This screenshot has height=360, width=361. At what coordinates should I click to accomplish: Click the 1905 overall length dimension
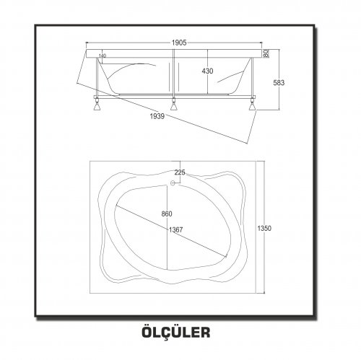point(179,43)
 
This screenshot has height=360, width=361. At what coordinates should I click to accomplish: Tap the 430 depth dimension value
point(207,71)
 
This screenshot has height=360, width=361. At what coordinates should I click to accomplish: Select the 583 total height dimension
point(279,83)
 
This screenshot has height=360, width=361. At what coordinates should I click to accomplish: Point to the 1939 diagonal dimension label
point(157,116)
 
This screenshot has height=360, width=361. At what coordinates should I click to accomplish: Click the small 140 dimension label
point(103,56)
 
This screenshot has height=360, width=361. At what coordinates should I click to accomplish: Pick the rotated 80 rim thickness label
point(266,53)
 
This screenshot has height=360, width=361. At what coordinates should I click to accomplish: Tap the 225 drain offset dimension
point(180,172)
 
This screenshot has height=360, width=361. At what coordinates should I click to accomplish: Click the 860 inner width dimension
point(167,214)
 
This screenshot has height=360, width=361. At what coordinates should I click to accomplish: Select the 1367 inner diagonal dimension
point(175,230)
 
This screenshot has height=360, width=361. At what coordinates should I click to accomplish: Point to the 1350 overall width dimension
point(264,228)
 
